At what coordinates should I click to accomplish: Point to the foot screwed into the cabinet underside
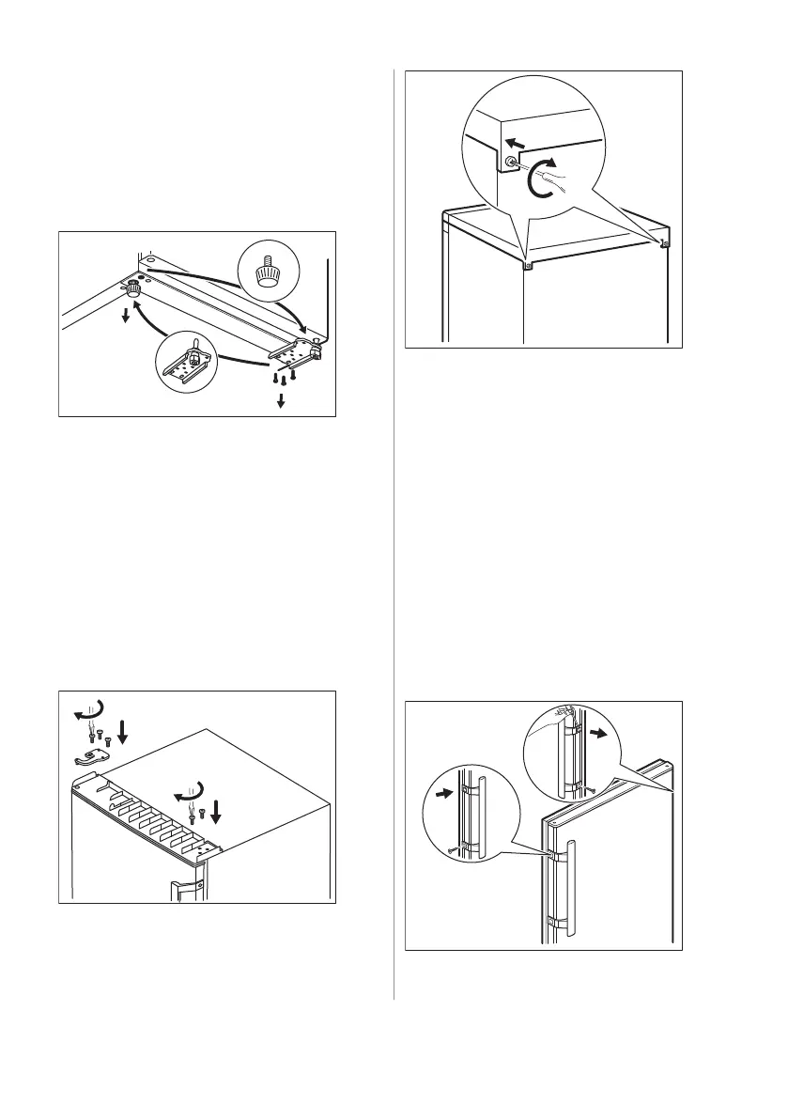[x=133, y=289]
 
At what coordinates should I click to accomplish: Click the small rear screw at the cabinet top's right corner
[x=665, y=243]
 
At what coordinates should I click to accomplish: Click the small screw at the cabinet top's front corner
[x=528, y=265]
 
